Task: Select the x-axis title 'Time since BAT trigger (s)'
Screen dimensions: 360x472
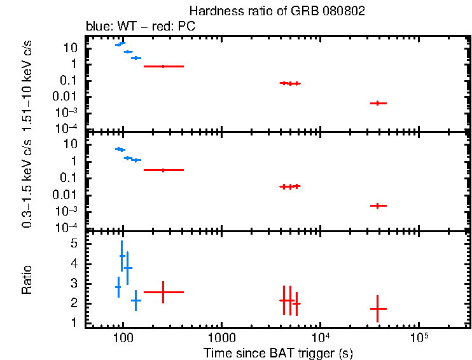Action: click(x=278, y=352)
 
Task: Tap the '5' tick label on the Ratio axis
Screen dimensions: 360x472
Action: click(x=74, y=244)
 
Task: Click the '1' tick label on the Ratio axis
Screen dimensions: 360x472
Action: click(x=74, y=323)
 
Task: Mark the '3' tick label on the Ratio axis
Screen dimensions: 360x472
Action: click(x=74, y=283)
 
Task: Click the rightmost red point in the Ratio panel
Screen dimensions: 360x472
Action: click(x=378, y=308)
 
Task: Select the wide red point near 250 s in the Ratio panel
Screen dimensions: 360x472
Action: click(x=163, y=292)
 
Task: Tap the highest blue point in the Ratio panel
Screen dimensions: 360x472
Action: click(x=122, y=256)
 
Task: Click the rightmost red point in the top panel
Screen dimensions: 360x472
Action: click(x=378, y=103)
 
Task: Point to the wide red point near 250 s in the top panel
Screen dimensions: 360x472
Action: click(x=163, y=66)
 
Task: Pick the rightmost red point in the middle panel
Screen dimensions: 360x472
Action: click(x=378, y=205)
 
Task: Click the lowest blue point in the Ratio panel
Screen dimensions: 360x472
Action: click(x=135, y=300)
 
